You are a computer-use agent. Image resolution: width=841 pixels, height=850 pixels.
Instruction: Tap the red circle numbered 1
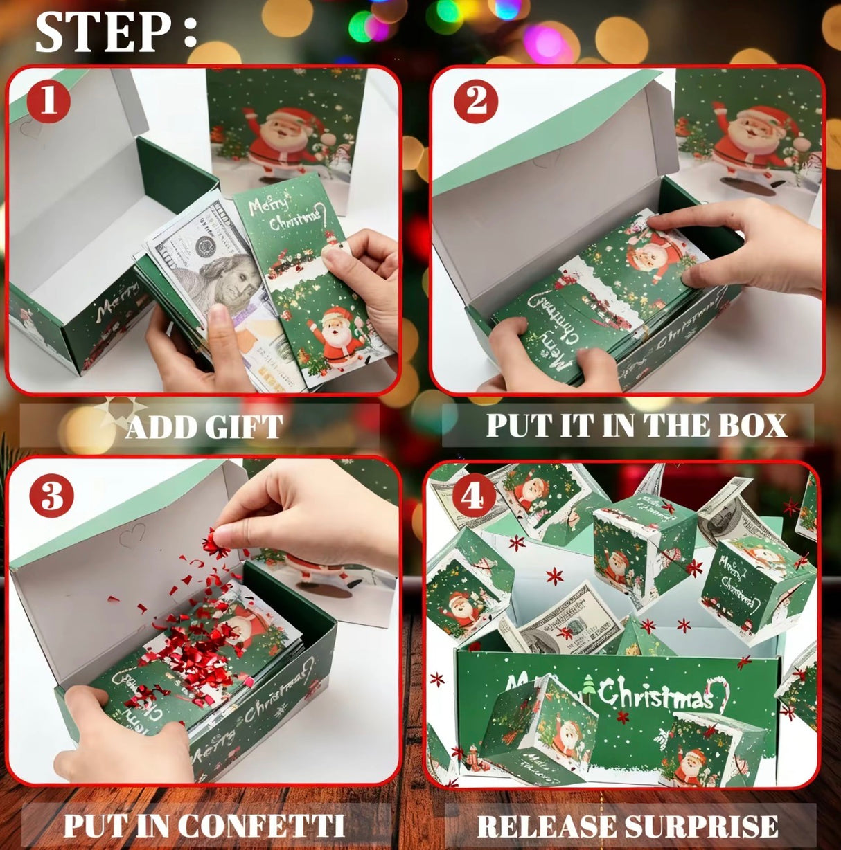[48, 101]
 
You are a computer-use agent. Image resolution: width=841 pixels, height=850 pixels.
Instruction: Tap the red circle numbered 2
[476, 101]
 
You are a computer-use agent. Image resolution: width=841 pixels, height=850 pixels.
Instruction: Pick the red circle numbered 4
[473, 496]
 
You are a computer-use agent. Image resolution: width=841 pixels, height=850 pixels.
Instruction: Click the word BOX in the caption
[752, 425]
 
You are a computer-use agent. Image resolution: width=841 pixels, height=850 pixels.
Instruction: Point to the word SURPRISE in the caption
[702, 826]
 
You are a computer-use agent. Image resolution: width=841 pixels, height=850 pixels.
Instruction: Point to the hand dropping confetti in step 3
[305, 512]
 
